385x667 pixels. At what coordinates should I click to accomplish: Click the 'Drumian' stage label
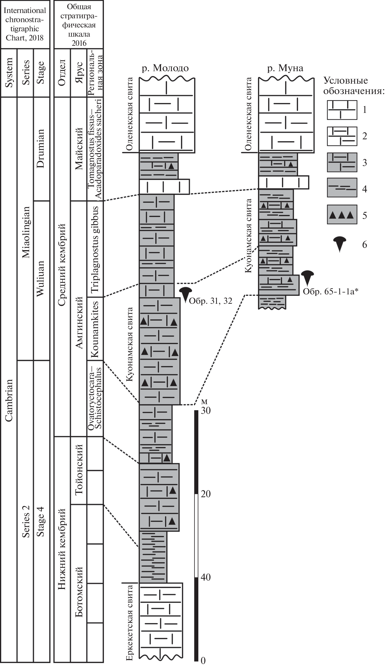40,148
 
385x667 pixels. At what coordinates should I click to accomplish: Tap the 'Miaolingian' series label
26,232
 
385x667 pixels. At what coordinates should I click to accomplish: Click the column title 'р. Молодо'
165,68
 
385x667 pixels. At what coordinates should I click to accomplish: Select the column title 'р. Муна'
285,68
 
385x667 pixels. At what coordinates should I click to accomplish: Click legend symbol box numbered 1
342,110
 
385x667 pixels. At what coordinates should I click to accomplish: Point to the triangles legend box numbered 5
342,215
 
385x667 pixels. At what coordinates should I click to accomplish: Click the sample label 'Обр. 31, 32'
211,301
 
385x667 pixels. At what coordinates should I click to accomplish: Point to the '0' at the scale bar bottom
203,661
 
